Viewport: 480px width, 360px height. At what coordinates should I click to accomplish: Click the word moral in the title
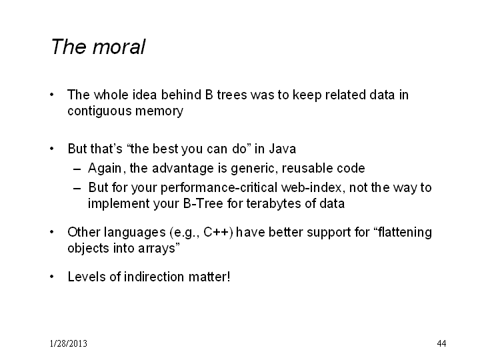119,47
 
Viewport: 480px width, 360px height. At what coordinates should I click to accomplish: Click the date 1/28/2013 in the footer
68,343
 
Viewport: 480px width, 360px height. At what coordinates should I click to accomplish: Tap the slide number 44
441,343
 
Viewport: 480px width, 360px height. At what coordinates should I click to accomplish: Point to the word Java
283,149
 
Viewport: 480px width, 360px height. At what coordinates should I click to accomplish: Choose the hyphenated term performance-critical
219,188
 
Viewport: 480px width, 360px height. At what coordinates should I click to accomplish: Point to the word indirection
154,277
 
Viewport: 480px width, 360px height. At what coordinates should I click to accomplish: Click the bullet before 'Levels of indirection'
52,277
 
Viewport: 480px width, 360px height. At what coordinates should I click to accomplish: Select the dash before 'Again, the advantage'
77,169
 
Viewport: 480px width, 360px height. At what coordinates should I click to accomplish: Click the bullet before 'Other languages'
52,232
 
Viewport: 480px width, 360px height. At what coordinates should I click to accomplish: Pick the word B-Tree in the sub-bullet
203,203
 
